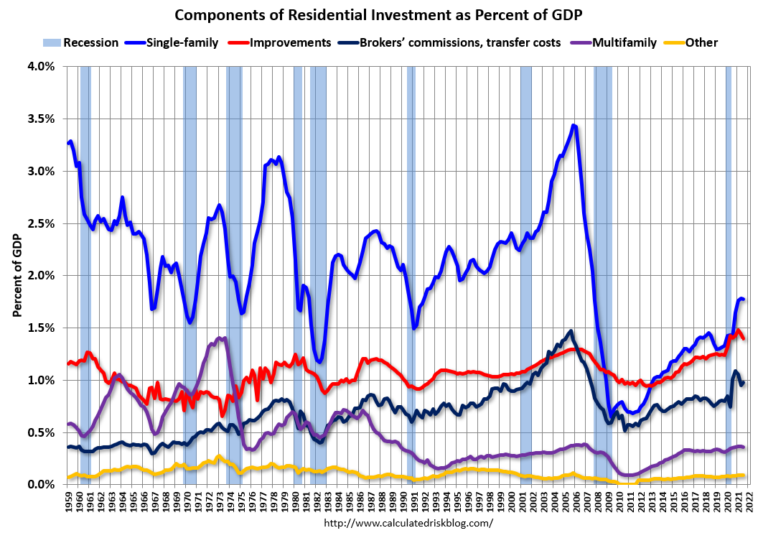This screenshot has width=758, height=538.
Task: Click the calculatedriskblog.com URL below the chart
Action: pyautogui.click(x=409, y=523)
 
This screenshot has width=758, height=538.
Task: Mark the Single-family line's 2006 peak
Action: pyautogui.click(x=573, y=126)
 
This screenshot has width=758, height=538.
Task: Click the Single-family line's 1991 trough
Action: pyautogui.click(x=414, y=328)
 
